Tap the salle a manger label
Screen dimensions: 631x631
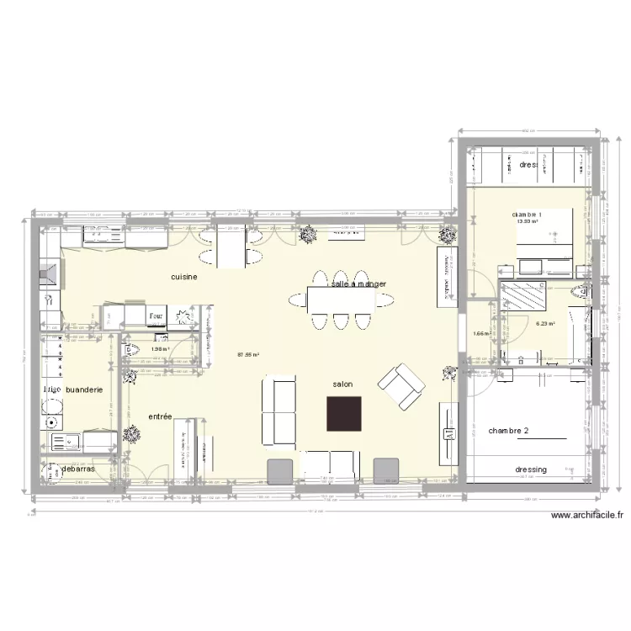pyautogui.click(x=358, y=284)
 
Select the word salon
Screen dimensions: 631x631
pyautogui.click(x=342, y=384)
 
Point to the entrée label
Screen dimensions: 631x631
pyautogui.click(x=160, y=416)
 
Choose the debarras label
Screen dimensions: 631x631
pyautogui.click(x=77, y=469)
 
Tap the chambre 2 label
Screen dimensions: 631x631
pyautogui.click(x=508, y=431)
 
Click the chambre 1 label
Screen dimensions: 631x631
pyautogui.click(x=533, y=215)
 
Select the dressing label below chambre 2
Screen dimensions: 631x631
pyautogui.click(x=531, y=469)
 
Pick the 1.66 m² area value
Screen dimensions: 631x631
pyautogui.click(x=481, y=334)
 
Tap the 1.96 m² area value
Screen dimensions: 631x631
pyautogui.click(x=160, y=348)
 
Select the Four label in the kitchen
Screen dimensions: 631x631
pyautogui.click(x=156, y=317)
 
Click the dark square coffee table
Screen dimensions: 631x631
pyautogui.click(x=344, y=413)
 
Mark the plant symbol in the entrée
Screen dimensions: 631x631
pyautogui.click(x=131, y=434)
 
